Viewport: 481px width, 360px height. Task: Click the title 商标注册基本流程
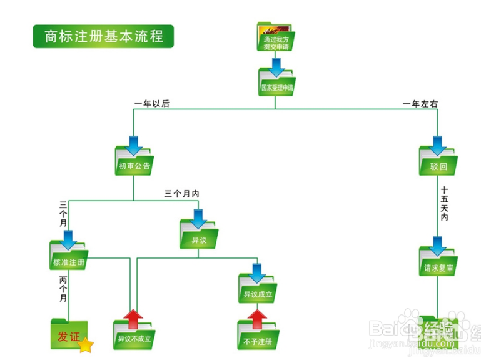(103, 36)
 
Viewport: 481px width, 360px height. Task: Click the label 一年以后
(151, 103)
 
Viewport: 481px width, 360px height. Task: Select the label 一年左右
(420, 103)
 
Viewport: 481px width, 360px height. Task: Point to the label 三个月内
(181, 194)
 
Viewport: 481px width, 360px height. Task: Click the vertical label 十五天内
(444, 203)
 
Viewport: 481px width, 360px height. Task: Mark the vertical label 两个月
(63, 288)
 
